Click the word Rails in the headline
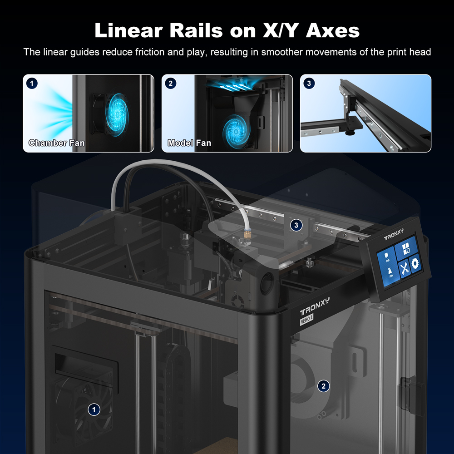point(196,30)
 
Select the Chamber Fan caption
point(57,143)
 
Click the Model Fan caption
point(189,143)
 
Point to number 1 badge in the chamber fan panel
point(32,84)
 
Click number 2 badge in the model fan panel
point(171,84)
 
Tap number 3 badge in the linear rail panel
point(309,84)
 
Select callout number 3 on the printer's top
point(296,225)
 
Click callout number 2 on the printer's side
point(323,386)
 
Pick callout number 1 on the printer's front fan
point(94,410)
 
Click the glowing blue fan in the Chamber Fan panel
point(117,115)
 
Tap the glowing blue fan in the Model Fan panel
point(236,132)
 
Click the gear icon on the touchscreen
point(415,264)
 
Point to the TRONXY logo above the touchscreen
point(394,235)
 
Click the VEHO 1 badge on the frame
point(306,319)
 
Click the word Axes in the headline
point(332,30)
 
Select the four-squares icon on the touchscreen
point(406,248)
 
